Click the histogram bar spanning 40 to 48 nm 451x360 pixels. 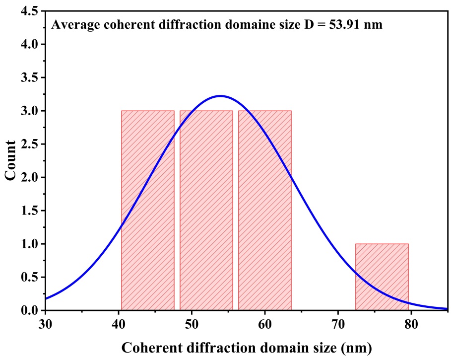(148, 211)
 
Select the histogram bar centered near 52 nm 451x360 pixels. (206, 211)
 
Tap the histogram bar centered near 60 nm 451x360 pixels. (265, 211)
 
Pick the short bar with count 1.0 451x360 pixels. (382, 277)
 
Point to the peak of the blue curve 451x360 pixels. (220, 96)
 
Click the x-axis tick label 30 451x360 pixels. (46, 324)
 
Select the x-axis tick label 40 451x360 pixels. (119, 324)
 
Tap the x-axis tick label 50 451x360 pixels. (192, 324)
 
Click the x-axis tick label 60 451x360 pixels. (264, 324)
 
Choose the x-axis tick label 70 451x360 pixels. (338, 324)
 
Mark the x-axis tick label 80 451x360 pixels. (411, 324)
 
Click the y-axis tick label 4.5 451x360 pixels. (29, 11)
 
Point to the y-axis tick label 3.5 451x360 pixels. (29, 77)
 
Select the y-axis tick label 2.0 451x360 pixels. (29, 177)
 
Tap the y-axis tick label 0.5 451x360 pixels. (29, 277)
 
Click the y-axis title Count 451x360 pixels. (10, 160)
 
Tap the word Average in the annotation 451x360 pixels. (76, 25)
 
